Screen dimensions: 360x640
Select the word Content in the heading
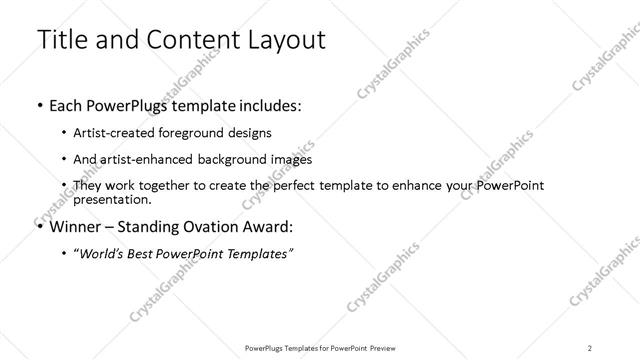coord(189,40)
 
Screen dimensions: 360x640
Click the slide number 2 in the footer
coord(590,347)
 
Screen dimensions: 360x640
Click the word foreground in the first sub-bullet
coord(206,132)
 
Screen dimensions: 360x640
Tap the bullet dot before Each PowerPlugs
coord(38,104)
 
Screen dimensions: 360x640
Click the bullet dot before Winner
coord(38,226)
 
